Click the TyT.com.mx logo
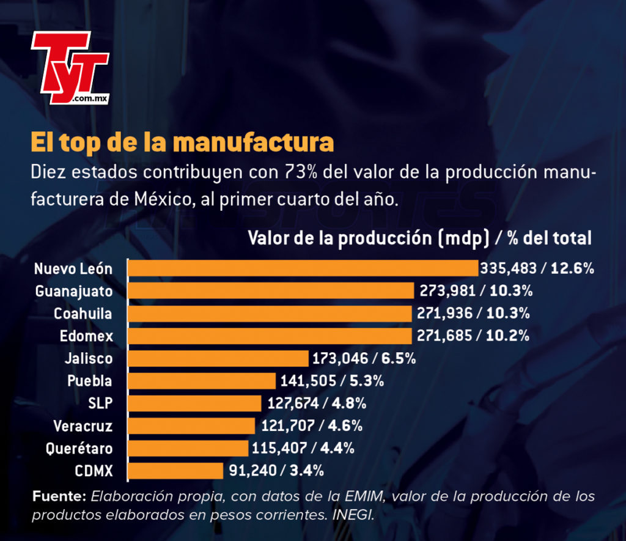pos(70,68)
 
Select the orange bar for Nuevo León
pos(303,268)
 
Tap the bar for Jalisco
pos(218,358)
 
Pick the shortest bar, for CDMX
pos(175,471)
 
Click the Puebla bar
pos(202,381)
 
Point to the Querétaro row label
pos(79,449)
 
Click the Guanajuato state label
pos(74,292)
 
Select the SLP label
pos(100,403)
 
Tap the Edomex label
pos(86,336)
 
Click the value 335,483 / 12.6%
pos(537,268)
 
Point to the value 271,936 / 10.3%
pos(473,313)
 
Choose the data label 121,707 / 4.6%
pos(312,425)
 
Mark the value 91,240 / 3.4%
pos(276,471)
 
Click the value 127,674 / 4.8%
pos(317,403)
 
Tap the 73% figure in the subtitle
pos(301,172)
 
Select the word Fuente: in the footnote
pos(59,496)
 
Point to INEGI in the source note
pos(353,515)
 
